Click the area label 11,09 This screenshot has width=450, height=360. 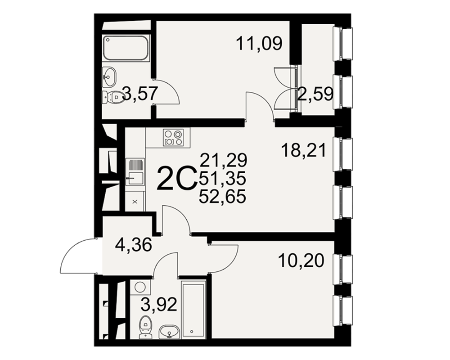point(259,44)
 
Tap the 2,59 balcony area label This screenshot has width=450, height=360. point(315,94)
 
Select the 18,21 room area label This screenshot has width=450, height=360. point(304,150)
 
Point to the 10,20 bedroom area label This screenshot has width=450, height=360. point(301,261)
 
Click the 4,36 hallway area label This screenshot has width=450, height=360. point(133,245)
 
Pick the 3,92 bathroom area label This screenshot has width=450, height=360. point(159,305)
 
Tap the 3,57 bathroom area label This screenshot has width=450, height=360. point(140,94)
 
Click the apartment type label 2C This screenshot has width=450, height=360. point(176,179)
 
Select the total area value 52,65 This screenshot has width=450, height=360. point(223,197)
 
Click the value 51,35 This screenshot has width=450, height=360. point(223,178)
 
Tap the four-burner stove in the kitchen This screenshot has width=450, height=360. point(173,137)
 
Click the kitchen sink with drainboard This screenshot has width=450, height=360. point(135,172)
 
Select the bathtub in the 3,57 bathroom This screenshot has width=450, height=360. point(126,48)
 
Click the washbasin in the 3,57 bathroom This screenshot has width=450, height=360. point(109,77)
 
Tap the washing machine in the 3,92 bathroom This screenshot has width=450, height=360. point(140,287)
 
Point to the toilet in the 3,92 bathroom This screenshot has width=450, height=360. point(146,327)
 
